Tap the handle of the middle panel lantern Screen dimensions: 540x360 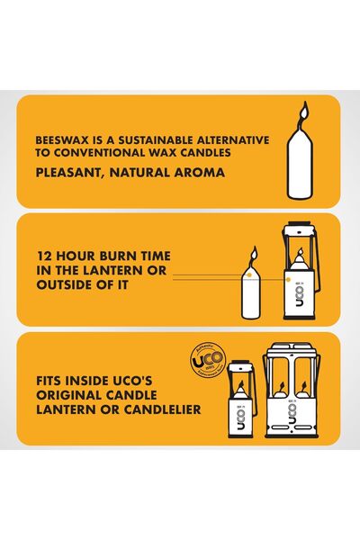pos(297,233)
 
